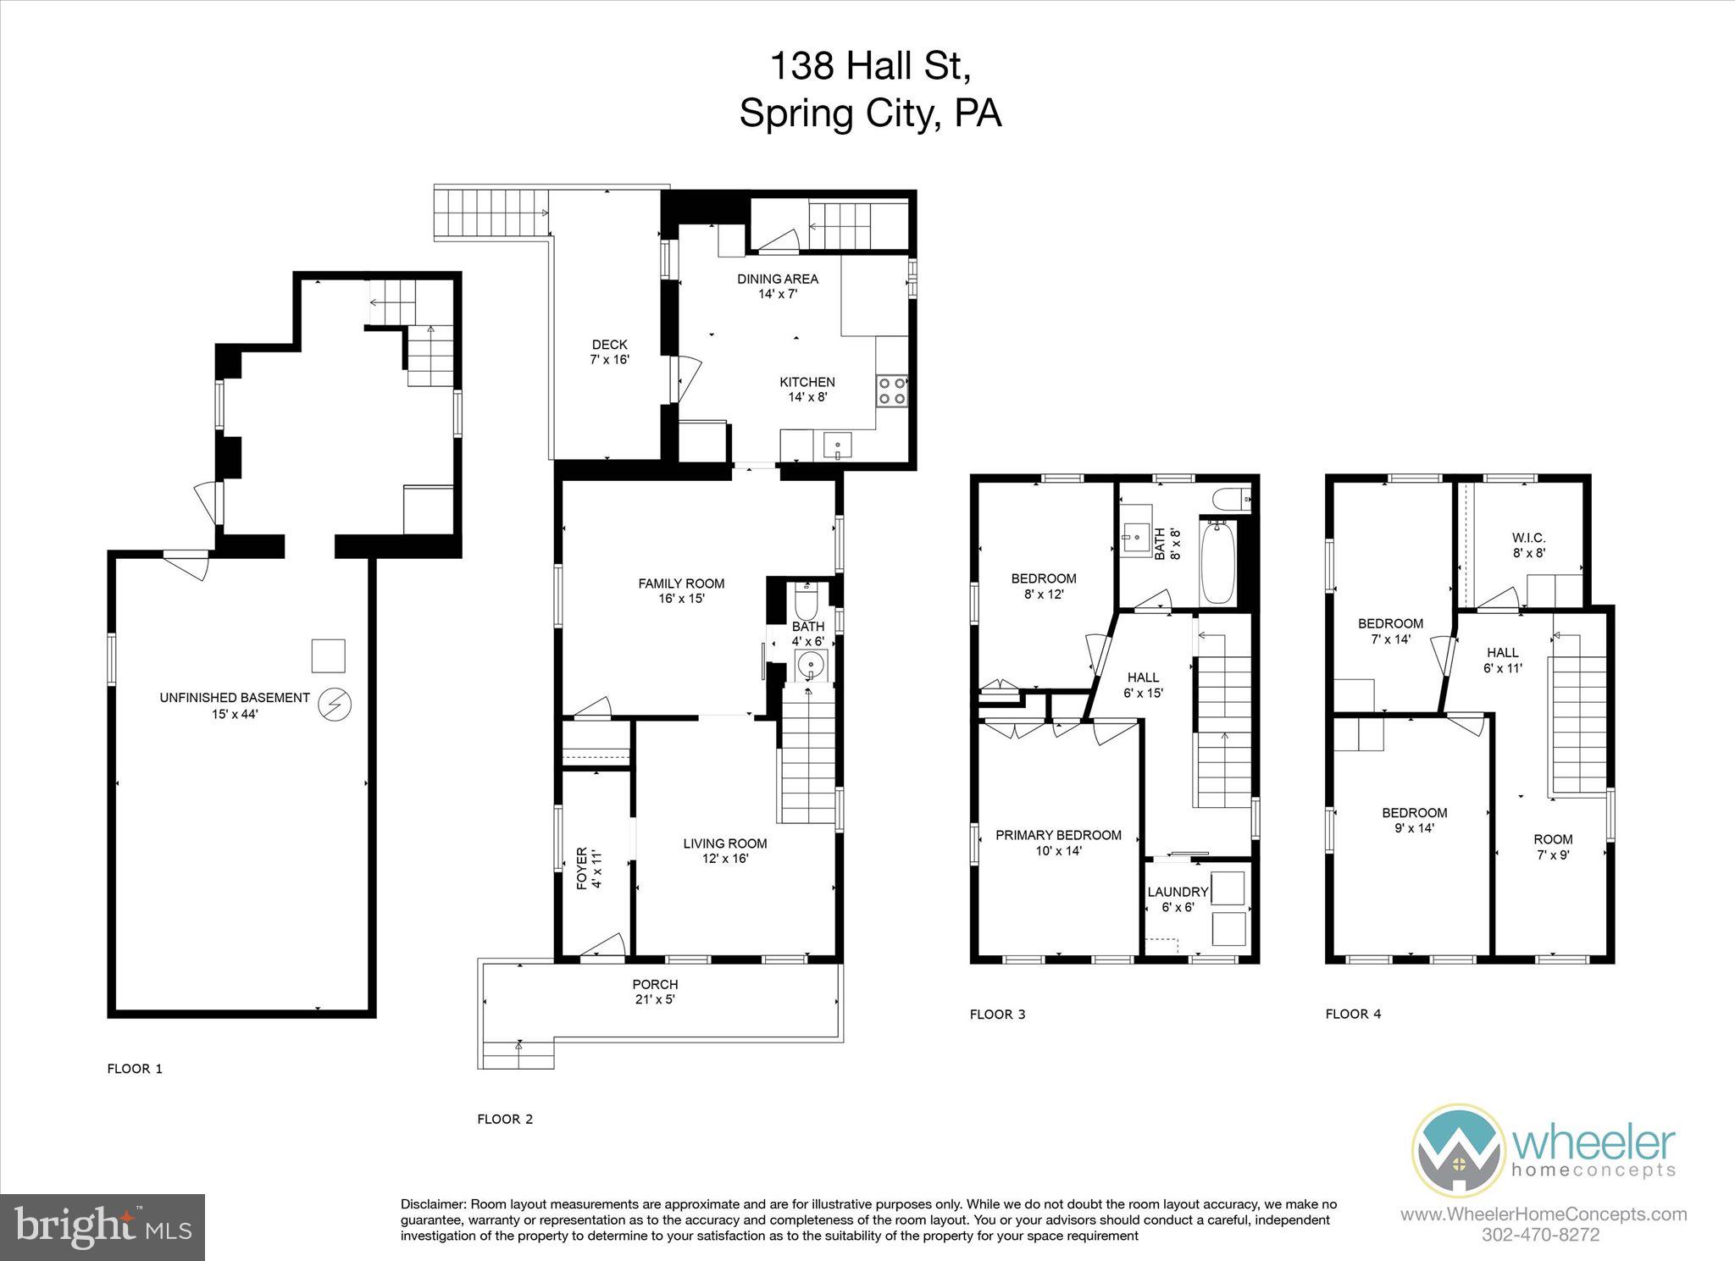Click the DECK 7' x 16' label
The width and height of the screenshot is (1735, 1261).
pyautogui.click(x=609, y=351)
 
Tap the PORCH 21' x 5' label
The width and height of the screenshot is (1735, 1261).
pyautogui.click(x=655, y=992)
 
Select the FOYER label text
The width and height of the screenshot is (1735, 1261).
pyautogui.click(x=582, y=867)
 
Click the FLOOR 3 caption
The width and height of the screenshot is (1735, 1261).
pyautogui.click(x=997, y=1014)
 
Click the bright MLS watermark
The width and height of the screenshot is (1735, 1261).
pyautogui.click(x=102, y=1227)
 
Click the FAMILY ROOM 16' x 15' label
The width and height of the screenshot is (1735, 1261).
pyautogui.click(x=681, y=590)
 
